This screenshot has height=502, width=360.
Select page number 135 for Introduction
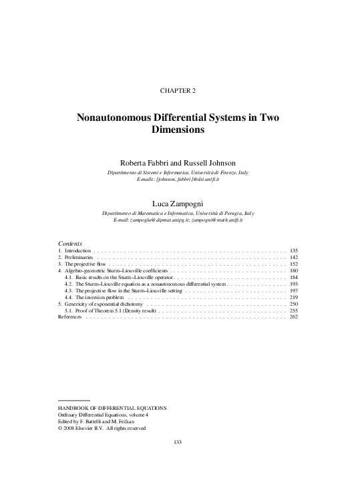tap(293, 250)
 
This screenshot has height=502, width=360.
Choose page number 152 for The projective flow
tap(293, 264)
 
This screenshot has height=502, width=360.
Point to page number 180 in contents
tap(293, 272)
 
